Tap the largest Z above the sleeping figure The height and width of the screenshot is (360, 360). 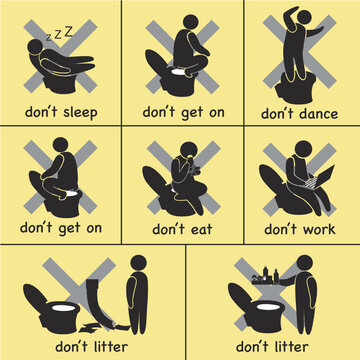click(x=69, y=32)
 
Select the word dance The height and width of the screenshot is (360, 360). click(x=318, y=113)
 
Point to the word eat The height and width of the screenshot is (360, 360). click(x=198, y=229)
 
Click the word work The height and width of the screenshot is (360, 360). click(x=317, y=229)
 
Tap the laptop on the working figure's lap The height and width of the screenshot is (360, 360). click(x=319, y=177)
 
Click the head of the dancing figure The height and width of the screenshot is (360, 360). click(x=304, y=17)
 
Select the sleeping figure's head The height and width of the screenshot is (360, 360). click(x=36, y=47)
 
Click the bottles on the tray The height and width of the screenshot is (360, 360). click(x=270, y=274)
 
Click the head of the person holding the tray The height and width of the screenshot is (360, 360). click(x=305, y=263)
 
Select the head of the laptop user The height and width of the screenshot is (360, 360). click(x=303, y=149)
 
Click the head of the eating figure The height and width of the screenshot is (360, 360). click(x=190, y=149)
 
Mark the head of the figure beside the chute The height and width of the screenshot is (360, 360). click(x=138, y=263)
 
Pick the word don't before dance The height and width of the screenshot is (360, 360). click(x=278, y=113)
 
